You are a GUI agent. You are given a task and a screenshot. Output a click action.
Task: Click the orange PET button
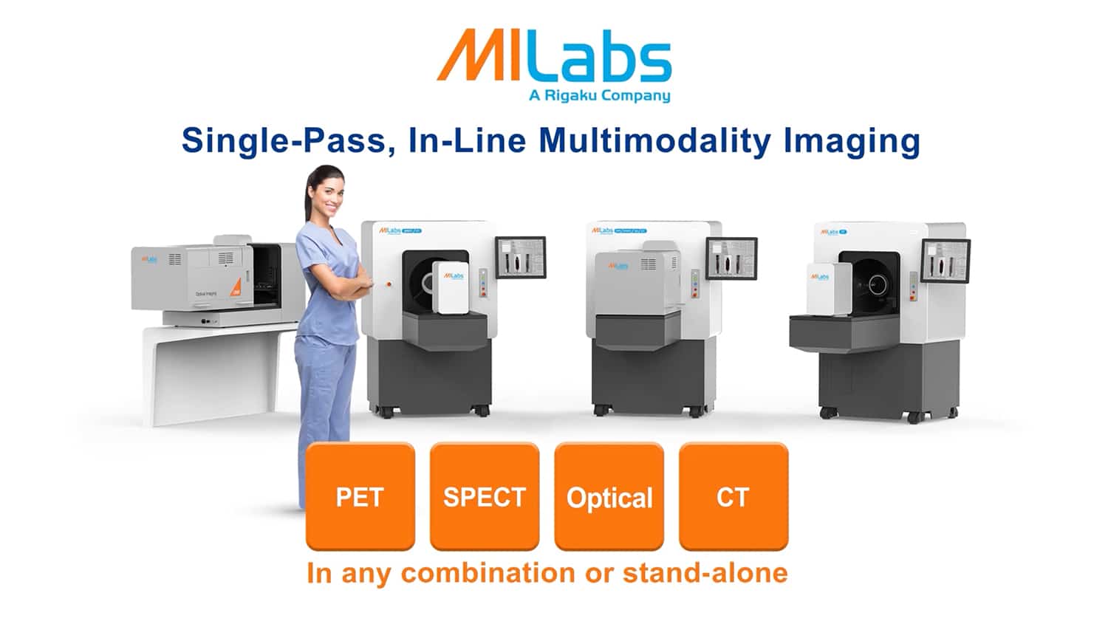coord(360,496)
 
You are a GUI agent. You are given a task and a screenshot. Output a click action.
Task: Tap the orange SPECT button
coord(484,496)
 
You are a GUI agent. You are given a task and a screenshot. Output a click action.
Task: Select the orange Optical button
coord(609,496)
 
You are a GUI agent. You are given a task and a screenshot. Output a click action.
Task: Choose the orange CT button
coord(733,496)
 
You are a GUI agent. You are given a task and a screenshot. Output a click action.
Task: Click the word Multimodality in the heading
coord(654,140)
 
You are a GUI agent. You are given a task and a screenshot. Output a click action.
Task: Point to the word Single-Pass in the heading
coord(284,140)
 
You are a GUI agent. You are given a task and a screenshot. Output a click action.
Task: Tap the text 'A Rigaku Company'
coord(599,95)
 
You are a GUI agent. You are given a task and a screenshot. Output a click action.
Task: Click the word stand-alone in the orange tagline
coord(705,573)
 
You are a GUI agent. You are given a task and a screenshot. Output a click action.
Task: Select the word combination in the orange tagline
coord(488,573)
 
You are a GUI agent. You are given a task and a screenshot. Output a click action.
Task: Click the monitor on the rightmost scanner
coord(945,260)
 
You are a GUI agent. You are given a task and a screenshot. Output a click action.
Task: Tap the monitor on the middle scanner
coord(731,258)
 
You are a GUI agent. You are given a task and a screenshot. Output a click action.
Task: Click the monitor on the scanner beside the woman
coord(520,257)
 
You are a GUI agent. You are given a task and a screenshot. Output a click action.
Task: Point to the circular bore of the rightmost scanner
coord(878,283)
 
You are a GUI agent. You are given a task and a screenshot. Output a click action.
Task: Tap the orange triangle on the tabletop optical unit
coord(236,288)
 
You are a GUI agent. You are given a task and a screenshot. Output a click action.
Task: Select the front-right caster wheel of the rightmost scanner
coord(914,418)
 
